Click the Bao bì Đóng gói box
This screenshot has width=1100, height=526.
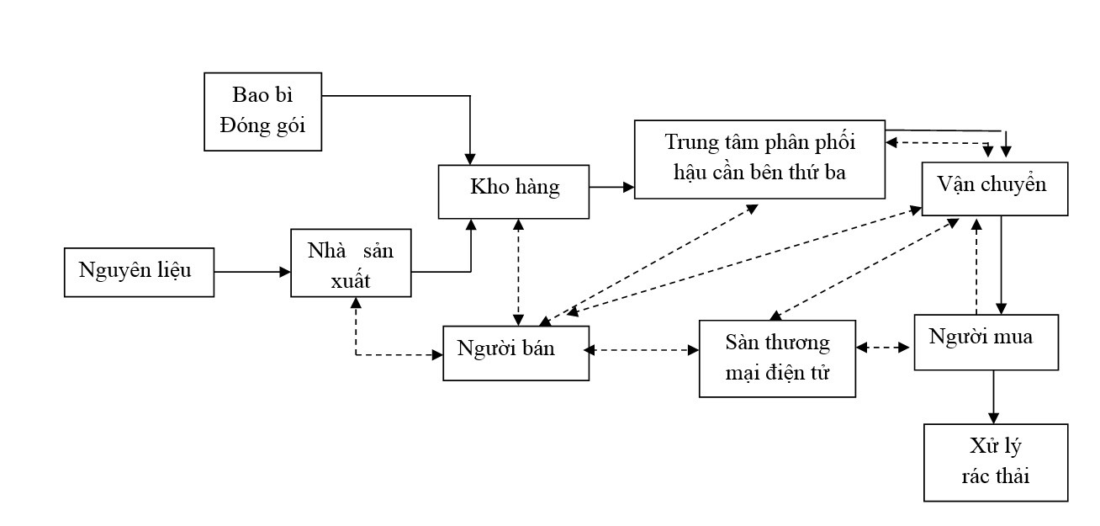coord(263,112)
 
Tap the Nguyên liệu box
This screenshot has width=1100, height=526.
coord(139,272)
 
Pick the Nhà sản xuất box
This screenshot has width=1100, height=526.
coord(351,263)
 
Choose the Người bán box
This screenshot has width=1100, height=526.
coord(516,349)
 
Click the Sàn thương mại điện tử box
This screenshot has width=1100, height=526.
coord(777,358)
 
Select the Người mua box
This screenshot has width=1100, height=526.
coord(986,342)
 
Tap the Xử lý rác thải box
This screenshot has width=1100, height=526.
coord(996,462)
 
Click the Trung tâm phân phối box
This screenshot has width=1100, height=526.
coord(759,158)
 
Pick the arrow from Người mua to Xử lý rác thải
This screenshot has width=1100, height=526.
coord(994,396)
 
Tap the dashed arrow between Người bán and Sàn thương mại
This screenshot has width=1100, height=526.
coord(643,348)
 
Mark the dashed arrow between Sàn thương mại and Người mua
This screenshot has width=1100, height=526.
coord(885,347)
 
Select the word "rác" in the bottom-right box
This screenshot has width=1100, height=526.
coord(976,476)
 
